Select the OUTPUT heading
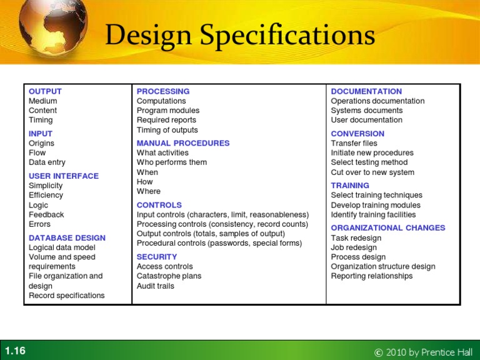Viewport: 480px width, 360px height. [45, 91]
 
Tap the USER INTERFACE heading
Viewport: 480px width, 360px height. [64, 176]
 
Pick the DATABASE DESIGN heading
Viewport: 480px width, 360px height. [67, 237]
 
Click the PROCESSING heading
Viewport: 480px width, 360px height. [163, 91]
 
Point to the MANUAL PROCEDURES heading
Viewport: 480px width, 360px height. [183, 143]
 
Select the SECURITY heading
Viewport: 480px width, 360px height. [157, 257]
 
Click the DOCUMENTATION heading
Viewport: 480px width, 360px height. [366, 91]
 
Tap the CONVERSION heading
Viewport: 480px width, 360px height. [357, 134]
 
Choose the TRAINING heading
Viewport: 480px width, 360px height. [350, 186]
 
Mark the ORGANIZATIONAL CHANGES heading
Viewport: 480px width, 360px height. [388, 228]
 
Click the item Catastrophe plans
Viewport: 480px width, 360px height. [169, 276]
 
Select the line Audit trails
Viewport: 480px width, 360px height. [156, 286]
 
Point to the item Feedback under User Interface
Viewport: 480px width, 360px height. [46, 214]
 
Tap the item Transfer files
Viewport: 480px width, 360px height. [354, 143]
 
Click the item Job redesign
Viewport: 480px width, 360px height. [354, 247]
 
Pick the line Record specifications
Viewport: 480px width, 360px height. [67, 296]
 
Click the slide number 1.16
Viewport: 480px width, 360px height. [15, 351]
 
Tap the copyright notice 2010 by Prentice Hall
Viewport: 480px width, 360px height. [424, 352]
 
